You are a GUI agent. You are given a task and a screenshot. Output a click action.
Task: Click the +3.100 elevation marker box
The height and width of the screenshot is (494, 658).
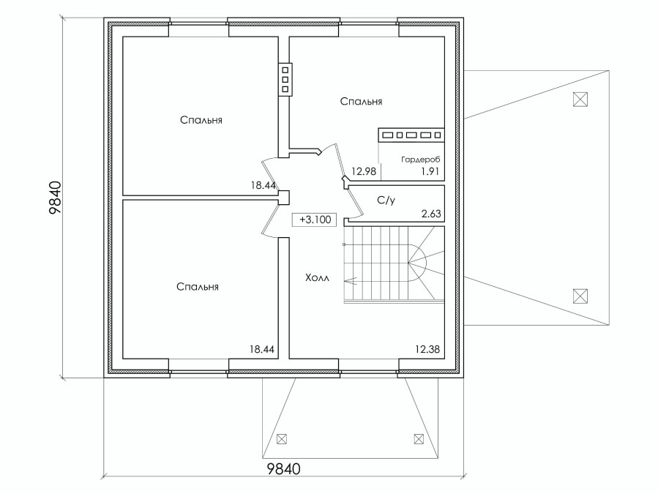[x=314, y=220]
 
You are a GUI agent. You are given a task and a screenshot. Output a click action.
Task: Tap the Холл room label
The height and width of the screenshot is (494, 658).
[x=317, y=278]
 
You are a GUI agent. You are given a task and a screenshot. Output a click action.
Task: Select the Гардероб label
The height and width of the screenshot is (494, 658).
[x=420, y=160]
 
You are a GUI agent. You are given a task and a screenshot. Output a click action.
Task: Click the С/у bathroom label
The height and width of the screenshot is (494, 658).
[x=386, y=201]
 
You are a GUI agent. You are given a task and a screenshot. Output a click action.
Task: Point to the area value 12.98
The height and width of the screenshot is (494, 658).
[x=364, y=171]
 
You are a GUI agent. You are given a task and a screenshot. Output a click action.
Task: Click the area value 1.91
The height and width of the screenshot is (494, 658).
[x=430, y=171]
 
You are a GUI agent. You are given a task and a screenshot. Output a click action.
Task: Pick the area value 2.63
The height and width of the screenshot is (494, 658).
[x=431, y=214]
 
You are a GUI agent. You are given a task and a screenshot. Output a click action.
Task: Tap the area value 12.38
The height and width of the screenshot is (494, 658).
[x=427, y=349]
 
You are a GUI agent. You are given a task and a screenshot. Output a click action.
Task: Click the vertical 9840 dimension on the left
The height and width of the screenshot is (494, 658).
[x=56, y=198]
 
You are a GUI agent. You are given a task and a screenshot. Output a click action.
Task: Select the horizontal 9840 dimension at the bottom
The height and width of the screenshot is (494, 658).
[x=284, y=468]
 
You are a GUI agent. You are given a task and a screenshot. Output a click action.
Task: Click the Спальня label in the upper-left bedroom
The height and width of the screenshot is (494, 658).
[x=201, y=120]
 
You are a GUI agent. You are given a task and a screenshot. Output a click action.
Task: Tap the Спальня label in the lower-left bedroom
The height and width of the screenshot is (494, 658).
[x=198, y=287]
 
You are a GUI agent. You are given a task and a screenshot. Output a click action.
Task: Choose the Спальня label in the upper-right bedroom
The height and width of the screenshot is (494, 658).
[x=362, y=101]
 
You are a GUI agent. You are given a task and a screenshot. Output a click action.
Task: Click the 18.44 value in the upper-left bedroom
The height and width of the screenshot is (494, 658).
[x=263, y=185]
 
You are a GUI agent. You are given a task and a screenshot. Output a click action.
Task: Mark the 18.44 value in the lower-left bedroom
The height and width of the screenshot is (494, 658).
[x=262, y=349]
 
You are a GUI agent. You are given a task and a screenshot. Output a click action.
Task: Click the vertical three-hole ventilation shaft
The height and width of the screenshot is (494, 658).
[x=285, y=79]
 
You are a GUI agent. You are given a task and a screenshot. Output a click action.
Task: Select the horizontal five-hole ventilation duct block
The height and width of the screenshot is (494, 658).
[x=411, y=135]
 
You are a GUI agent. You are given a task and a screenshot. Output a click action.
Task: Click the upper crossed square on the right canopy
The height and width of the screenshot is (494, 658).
[x=580, y=100]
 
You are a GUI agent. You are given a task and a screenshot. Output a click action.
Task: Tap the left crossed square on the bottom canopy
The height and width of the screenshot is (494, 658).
[x=282, y=439]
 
